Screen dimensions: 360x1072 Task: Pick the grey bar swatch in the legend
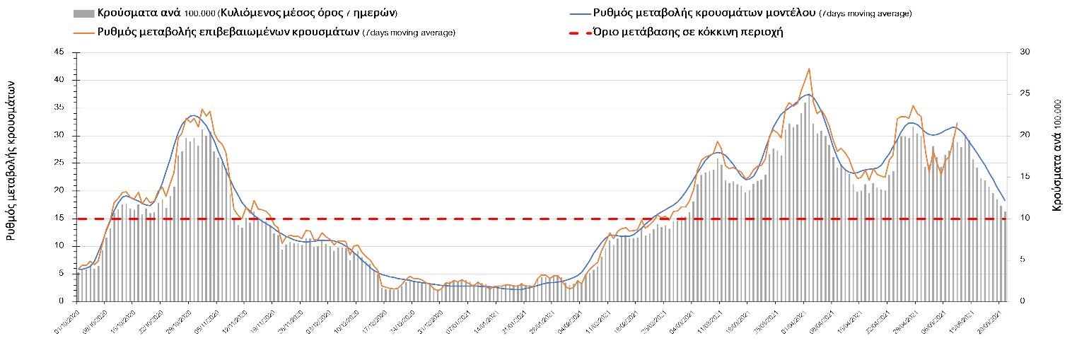click(83, 13)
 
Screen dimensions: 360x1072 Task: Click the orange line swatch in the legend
click(83, 33)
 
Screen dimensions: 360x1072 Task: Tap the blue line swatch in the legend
click(579, 13)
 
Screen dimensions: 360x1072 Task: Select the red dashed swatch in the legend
click(579, 33)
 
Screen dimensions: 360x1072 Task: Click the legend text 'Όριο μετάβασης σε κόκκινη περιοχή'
click(689, 33)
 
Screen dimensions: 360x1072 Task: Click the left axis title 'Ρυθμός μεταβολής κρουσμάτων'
click(11, 160)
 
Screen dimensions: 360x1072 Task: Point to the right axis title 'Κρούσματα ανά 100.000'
click(1058, 160)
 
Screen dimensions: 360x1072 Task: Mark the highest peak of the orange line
click(808, 69)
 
